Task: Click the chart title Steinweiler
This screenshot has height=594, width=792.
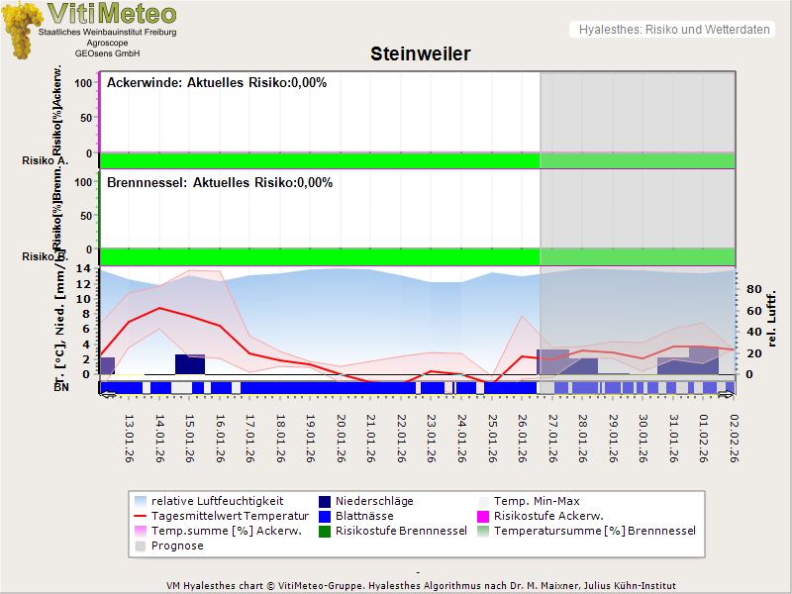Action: pyautogui.click(x=420, y=53)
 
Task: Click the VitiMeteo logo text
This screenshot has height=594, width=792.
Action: pyautogui.click(x=111, y=14)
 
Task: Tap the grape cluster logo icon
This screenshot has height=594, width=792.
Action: pyautogui.click(x=21, y=30)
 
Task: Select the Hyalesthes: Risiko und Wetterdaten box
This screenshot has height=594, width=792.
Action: pyautogui.click(x=673, y=30)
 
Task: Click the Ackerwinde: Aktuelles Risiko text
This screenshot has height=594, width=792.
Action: pyautogui.click(x=217, y=83)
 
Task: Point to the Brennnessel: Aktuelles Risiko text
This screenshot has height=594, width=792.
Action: pyautogui.click(x=220, y=183)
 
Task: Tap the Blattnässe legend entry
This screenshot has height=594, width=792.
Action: pyautogui.click(x=364, y=516)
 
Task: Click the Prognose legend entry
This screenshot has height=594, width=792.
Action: pyautogui.click(x=177, y=545)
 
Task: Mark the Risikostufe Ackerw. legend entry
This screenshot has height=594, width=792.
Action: pyautogui.click(x=548, y=516)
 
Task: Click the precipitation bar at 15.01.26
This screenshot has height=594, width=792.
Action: pyautogui.click(x=190, y=364)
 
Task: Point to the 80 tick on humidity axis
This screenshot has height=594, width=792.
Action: pyautogui.click(x=752, y=290)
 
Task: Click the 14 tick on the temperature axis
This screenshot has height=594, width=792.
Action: pyautogui.click(x=84, y=268)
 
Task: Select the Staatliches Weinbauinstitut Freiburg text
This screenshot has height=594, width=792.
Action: pyautogui.click(x=107, y=33)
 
